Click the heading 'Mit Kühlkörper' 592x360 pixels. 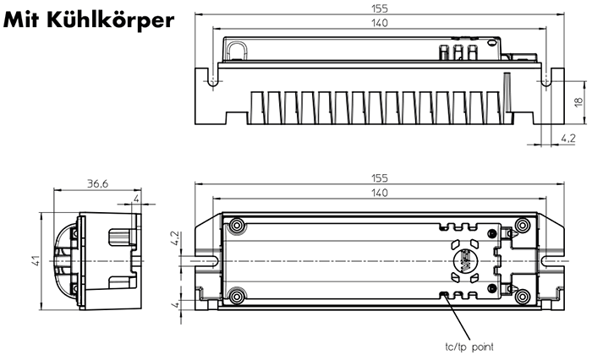point(89,19)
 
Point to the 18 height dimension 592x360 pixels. point(578,101)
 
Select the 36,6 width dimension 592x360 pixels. point(98,183)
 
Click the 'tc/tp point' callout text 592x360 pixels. point(469,346)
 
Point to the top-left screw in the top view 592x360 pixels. point(238,226)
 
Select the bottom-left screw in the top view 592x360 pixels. point(238,296)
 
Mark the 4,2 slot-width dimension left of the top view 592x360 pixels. point(175,237)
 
